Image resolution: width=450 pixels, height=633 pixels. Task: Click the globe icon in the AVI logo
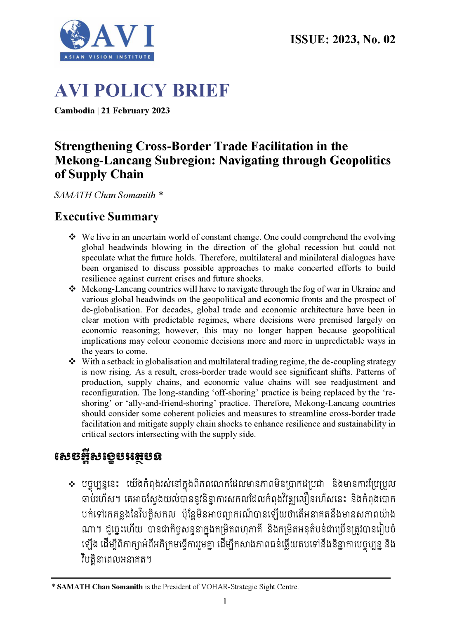pos(75,35)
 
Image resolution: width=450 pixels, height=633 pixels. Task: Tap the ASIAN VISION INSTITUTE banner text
pos(107,57)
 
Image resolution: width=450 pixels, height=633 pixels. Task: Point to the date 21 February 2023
pos(135,111)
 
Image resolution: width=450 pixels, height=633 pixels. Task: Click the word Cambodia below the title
pos(74,111)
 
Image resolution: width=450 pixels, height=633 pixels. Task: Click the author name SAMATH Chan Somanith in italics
pos(105,195)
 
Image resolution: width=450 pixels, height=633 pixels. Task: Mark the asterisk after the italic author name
pos(161,194)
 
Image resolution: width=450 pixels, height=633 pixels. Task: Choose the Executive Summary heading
pos(106,217)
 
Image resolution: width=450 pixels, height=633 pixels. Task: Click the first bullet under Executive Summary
pos(72,237)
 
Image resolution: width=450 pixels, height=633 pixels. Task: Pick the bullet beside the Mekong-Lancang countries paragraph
pos(72,289)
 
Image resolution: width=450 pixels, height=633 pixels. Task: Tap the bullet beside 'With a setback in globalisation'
pos(72,361)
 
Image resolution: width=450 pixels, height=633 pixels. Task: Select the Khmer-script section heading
pos(108,457)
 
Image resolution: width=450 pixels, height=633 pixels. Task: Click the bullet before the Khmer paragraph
pos(72,484)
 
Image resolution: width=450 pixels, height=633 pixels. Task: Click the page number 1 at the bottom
pos(225,602)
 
